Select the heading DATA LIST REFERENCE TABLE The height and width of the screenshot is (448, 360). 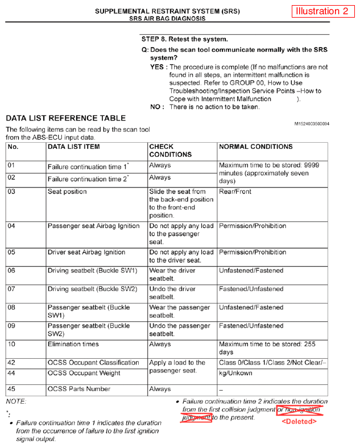(x=66, y=118)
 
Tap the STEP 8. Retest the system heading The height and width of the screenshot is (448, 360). (x=184, y=39)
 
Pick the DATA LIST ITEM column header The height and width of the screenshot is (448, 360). (x=74, y=146)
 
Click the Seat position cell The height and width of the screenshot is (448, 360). (x=67, y=192)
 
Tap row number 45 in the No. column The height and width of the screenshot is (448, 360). (x=12, y=389)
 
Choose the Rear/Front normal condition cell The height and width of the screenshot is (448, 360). (x=235, y=192)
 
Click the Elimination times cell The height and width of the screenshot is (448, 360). (x=73, y=345)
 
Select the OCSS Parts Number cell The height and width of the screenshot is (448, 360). (x=79, y=389)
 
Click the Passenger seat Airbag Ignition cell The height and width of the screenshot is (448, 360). (x=93, y=226)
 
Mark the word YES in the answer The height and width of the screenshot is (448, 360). (x=159, y=67)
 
